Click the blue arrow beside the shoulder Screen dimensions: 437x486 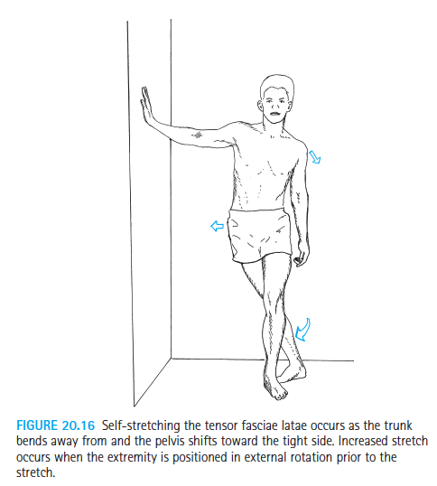315,156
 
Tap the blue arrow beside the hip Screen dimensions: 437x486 217,226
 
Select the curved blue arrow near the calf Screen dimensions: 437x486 302,331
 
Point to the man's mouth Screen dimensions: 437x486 274,114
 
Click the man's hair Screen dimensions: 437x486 276,84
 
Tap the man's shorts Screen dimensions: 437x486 259,235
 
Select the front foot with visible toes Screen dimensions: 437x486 275,385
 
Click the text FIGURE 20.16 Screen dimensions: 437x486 55,425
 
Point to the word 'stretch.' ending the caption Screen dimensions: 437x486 35,473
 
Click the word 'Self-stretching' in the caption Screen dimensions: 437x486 141,425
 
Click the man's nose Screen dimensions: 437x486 274,105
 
